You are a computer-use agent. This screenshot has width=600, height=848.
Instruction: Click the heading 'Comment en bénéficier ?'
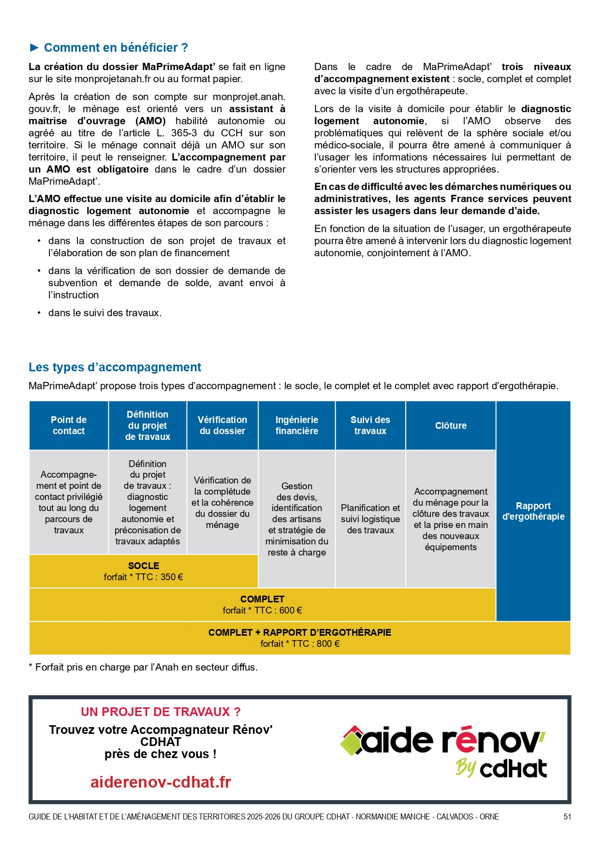pos(116,47)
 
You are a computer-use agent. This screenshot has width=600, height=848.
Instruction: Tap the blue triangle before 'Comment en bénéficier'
pos(34,47)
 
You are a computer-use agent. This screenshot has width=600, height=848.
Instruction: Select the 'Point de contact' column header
pos(69,425)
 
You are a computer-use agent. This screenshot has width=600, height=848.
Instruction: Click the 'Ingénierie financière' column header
pos(297,425)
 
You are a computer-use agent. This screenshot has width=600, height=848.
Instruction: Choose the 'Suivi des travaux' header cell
pos(370,425)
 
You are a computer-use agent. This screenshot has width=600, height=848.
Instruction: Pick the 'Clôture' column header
pos(451,425)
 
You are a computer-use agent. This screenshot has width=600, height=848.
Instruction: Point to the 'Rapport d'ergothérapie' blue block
pos(533,511)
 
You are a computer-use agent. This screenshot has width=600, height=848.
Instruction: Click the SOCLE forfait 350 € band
pos(144,571)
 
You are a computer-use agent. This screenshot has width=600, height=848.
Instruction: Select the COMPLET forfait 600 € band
pos(263,604)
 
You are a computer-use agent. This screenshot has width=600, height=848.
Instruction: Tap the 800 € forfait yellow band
pos(300,638)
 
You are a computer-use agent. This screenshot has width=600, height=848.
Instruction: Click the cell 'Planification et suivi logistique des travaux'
pos(370,519)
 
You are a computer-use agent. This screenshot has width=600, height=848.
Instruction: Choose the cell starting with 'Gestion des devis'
pos(297,519)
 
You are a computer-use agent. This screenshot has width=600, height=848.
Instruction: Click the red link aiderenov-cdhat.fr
pos(161,782)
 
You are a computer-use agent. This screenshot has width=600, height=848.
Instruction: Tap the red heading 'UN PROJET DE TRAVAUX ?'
pos(161,712)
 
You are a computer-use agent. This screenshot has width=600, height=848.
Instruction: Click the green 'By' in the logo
pos(466,768)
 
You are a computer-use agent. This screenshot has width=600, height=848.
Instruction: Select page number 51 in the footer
pos(567,817)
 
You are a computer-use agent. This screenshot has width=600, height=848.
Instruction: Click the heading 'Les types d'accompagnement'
pos(115,367)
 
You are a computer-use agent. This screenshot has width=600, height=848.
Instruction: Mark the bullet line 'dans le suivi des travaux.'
pos(105,313)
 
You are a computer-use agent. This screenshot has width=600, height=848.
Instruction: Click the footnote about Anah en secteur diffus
pos(144,667)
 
